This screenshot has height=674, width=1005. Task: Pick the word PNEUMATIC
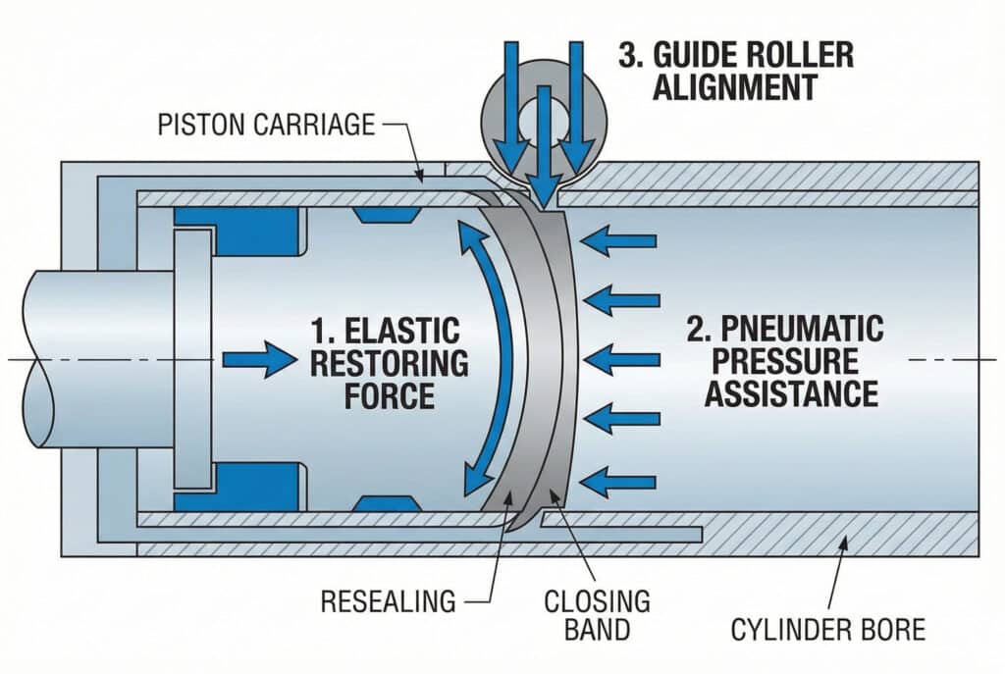pos(791,329)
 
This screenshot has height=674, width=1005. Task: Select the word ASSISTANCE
pos(791,394)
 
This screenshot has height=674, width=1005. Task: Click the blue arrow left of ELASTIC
pos(258,362)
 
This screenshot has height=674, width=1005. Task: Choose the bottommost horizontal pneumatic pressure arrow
pos(619,481)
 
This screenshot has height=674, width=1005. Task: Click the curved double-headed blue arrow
pos(478,358)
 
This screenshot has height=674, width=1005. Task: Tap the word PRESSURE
pos(791,361)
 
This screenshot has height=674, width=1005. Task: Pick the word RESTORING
pos(389,364)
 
